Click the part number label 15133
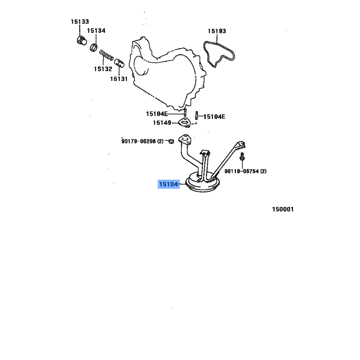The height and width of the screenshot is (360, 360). point(80,21)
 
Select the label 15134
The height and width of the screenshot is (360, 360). point(96,31)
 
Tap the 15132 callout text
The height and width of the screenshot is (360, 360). point(103,69)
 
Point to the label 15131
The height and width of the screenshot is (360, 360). point(119,79)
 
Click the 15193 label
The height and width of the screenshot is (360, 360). point(217,31)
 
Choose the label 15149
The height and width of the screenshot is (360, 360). point(162,123)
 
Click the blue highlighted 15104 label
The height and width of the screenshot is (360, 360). point(168,184)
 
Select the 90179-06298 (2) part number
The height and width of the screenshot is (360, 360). point(141,141)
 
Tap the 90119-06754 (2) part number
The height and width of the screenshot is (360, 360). point(246,171)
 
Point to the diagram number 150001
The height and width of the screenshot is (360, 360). point(283,209)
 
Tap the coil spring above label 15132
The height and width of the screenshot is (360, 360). point(107,56)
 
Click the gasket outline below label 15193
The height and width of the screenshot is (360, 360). point(217,52)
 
